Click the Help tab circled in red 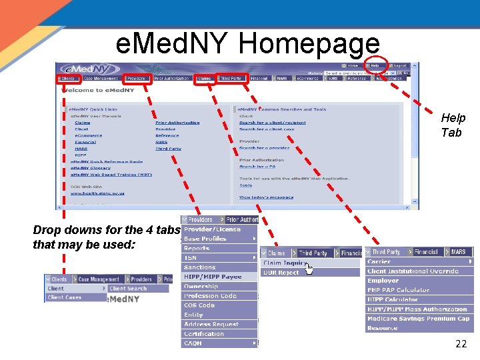point(375,65)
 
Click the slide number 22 point(461,344)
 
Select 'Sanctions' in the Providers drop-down point(200,267)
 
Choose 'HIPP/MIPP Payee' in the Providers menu point(213,277)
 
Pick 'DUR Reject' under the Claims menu point(281,273)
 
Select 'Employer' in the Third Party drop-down point(383,281)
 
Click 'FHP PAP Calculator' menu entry point(399,290)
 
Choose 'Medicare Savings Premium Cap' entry point(418,319)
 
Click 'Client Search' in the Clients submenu point(128,289)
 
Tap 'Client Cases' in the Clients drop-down point(64,297)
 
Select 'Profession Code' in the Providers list point(210,296)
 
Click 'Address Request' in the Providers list point(211,324)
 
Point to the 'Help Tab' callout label point(453,125)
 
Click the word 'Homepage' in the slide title point(309,44)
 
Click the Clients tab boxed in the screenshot point(68,79)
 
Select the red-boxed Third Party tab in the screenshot point(231,79)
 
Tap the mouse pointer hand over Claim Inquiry point(309,267)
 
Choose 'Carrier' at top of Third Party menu point(379,262)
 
